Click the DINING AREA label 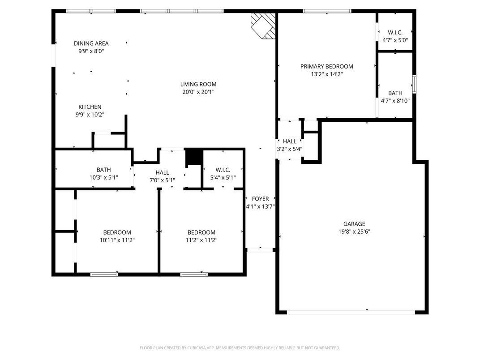[x=91, y=43]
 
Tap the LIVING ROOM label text [x=198, y=84]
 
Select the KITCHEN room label [x=90, y=107]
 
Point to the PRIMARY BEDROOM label [x=326, y=66]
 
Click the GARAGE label [x=354, y=224]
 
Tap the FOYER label [x=260, y=199]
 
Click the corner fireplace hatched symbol [x=263, y=26]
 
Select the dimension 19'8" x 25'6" [x=354, y=232]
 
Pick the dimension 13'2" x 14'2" [x=326, y=74]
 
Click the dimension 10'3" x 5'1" [x=104, y=177]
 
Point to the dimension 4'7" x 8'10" [x=395, y=101]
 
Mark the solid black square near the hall [x=194, y=156]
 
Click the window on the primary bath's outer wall [x=414, y=84]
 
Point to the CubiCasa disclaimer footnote [x=240, y=348]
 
